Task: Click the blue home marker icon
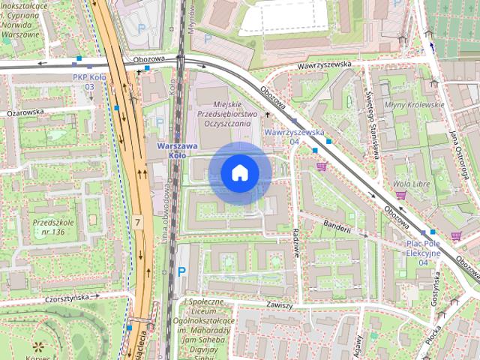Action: pyautogui.click(x=240, y=172)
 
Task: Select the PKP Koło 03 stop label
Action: pyautogui.click(x=89, y=82)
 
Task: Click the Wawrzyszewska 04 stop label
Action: pyautogui.click(x=294, y=136)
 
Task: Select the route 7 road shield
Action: pyautogui.click(x=138, y=222)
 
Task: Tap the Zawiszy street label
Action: pyautogui.click(x=278, y=305)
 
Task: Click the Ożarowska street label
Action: pyautogui.click(x=25, y=112)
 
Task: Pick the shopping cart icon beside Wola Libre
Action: pyautogui.click(x=401, y=196)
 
